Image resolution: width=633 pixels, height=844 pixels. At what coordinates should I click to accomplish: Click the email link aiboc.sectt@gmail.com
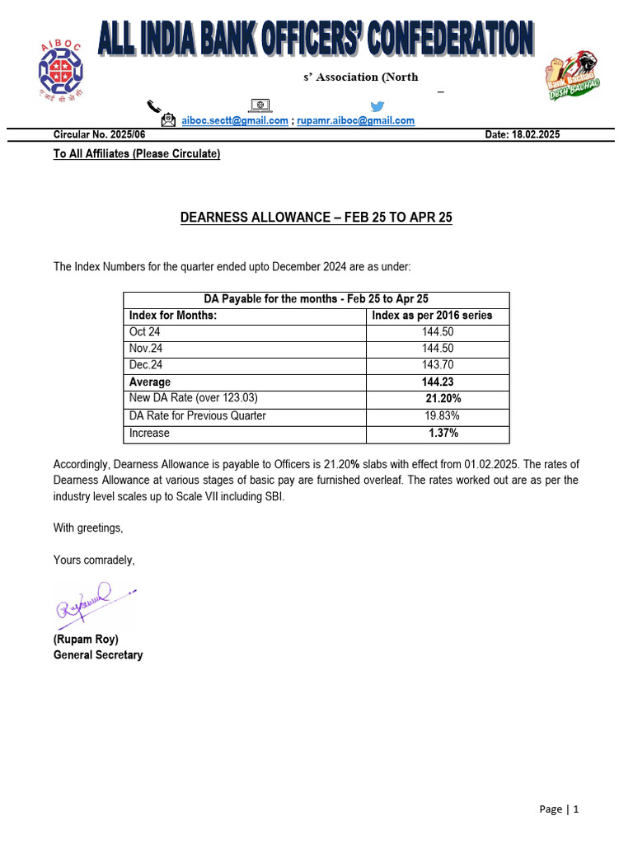tap(235, 120)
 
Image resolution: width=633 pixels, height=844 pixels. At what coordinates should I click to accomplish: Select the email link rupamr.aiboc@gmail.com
tap(355, 120)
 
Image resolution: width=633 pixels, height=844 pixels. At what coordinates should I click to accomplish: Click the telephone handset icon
tap(154, 105)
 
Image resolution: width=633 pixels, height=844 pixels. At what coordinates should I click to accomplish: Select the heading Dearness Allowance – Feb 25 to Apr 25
tap(316, 218)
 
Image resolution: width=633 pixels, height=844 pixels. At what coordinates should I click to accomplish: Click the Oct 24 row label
tap(144, 332)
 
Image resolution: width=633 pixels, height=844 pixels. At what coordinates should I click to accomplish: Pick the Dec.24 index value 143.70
tap(437, 365)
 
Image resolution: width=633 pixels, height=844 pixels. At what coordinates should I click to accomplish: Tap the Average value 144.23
tap(437, 382)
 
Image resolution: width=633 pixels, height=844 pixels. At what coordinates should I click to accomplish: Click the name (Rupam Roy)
tap(86, 640)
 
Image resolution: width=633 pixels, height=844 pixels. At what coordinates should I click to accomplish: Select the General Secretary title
tap(98, 655)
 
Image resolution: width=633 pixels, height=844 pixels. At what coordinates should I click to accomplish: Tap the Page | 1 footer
tap(559, 809)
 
